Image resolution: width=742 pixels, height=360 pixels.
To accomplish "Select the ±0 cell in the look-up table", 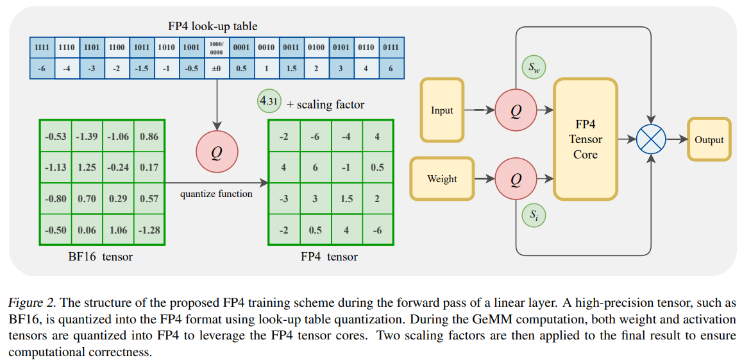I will click(217, 69).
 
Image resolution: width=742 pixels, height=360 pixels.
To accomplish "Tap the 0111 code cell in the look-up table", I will click(391, 47).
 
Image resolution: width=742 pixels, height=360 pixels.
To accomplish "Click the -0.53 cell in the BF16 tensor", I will click(56, 137).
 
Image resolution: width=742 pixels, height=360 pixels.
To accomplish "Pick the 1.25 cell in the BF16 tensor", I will click(87, 167).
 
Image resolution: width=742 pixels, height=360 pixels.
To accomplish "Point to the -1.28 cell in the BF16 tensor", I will click(149, 230).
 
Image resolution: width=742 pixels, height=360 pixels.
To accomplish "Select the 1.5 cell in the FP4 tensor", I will click(346, 199).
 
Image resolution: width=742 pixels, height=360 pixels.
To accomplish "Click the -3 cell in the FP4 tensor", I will click(284, 199).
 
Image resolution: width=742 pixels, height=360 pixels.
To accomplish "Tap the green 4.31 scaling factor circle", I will click(269, 101).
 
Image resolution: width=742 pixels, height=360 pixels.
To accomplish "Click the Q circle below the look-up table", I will click(217, 153).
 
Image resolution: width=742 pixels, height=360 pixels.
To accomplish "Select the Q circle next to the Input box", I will click(516, 110).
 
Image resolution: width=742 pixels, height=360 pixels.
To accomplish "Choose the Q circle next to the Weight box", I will click(516, 180).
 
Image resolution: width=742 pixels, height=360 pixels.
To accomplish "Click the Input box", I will click(442, 110).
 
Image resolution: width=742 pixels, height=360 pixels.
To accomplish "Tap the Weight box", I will click(442, 179).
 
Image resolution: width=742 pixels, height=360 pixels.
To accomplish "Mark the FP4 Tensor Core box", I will click(585, 139).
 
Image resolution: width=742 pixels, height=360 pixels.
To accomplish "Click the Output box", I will click(709, 139).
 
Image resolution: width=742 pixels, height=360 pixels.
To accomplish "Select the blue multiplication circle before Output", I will click(651, 139).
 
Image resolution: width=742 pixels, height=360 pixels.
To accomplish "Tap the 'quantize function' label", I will click(216, 194).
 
